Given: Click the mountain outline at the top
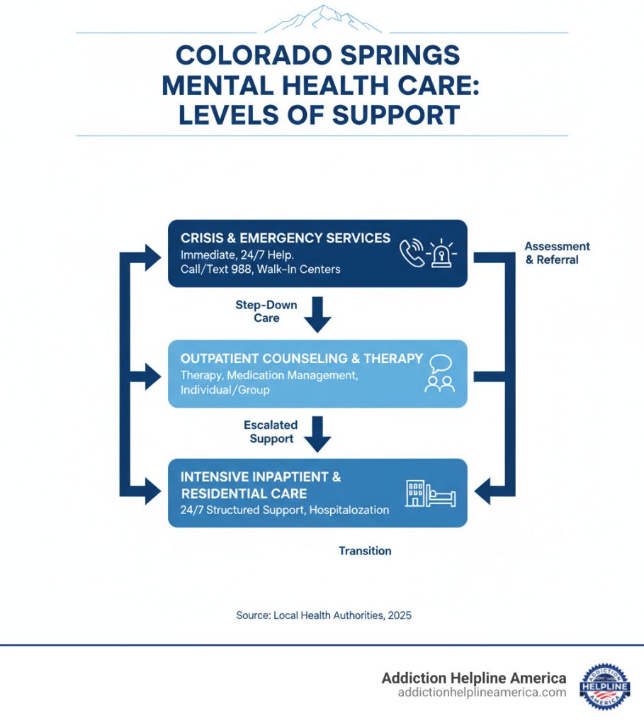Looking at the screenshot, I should click(322, 19).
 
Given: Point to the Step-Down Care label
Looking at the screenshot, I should click(266, 311).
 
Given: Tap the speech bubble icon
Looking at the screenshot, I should click(440, 364).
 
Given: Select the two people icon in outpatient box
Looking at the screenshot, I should click(439, 384).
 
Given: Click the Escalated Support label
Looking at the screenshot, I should click(270, 432).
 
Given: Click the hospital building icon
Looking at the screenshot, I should click(415, 493).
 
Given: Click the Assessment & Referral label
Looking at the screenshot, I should click(557, 253).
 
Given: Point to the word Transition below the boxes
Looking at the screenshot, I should click(365, 551).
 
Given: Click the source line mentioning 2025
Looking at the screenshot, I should click(324, 615).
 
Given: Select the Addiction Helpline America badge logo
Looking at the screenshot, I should click(604, 686).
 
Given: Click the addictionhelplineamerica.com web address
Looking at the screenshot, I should click(482, 693).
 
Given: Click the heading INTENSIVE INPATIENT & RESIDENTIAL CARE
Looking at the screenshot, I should click(261, 485).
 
